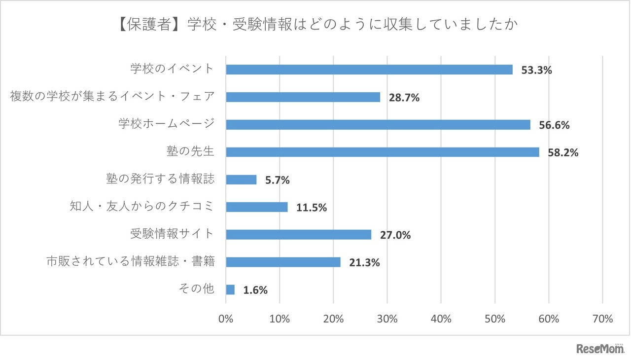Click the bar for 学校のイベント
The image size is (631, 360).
tap(369, 70)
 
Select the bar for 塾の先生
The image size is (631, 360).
tap(382, 152)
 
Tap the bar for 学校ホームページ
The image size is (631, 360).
tap(378, 125)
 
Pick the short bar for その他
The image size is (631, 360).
tap(230, 289)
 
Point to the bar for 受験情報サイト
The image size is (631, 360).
tap(298, 235)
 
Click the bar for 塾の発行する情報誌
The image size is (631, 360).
tap(241, 180)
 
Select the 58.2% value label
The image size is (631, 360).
tap(563, 153)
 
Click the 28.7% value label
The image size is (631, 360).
tap(404, 98)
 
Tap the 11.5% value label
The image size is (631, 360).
tap(312, 208)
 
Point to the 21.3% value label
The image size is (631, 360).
tap(364, 263)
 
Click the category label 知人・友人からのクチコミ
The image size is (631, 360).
tap(142, 207)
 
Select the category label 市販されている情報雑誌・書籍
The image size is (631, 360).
tap(131, 261)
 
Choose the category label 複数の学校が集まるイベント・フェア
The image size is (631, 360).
tap(112, 96)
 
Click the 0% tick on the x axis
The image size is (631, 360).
tap(226, 319)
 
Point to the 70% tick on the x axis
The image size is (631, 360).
tap(602, 319)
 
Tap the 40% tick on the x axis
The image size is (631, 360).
tap(441, 319)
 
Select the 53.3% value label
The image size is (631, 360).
tap(536, 70)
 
